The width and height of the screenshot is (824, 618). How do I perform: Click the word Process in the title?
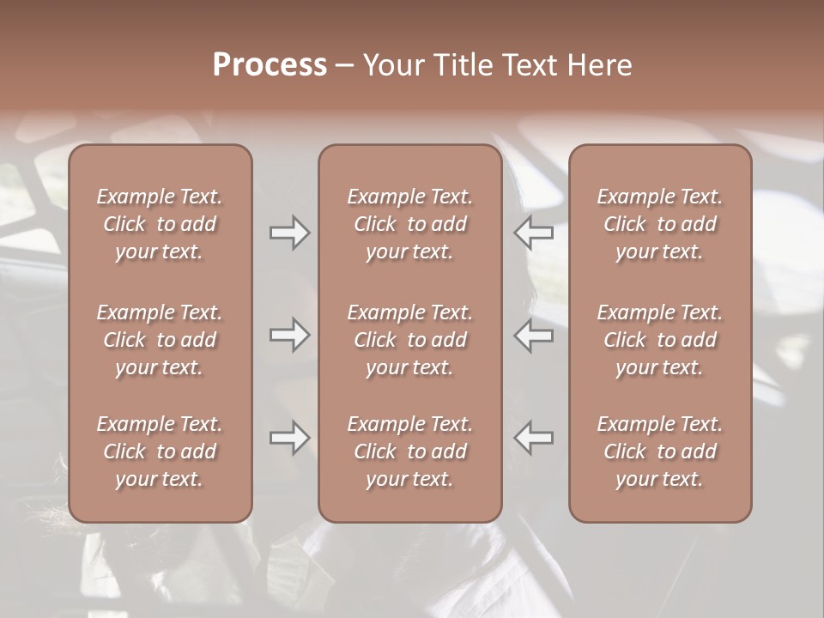tap(270, 65)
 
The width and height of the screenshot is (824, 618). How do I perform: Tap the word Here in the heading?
tap(597, 65)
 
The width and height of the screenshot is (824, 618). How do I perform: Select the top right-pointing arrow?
tap(290, 233)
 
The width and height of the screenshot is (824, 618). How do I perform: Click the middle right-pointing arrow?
tap(290, 335)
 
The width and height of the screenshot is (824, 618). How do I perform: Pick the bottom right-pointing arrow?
tap(290, 438)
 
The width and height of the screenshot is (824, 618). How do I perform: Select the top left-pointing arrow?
tap(534, 233)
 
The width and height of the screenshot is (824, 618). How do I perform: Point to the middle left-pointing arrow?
tap(534, 335)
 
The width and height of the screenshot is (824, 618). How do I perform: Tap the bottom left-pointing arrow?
tap(534, 438)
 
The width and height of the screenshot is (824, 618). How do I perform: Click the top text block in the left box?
tap(160, 224)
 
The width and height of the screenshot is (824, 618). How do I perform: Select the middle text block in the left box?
tap(160, 340)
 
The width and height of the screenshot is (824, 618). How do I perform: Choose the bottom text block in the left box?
tap(160, 451)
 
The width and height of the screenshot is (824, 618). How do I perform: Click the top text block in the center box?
tap(410, 224)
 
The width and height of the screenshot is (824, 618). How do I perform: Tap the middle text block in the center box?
tap(410, 340)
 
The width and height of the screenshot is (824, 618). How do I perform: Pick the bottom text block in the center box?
tap(410, 451)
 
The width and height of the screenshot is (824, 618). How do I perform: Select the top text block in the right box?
tap(660, 224)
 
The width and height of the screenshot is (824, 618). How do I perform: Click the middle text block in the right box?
tap(660, 340)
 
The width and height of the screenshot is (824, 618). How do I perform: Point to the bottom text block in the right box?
tap(660, 451)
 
